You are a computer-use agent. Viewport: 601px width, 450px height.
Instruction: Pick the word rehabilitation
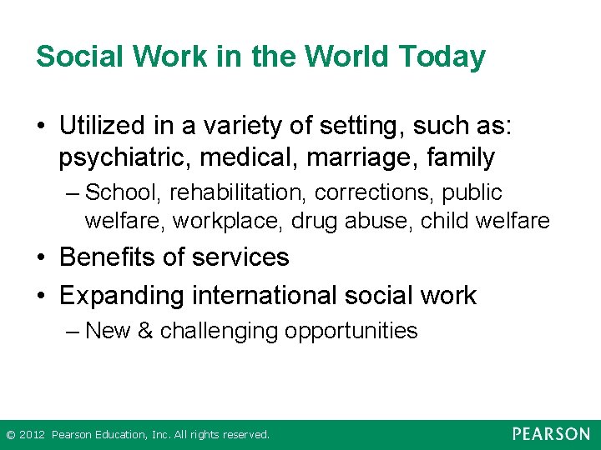point(239,192)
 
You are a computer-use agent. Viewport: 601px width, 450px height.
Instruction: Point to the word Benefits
point(108,257)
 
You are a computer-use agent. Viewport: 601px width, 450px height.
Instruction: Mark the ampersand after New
point(145,331)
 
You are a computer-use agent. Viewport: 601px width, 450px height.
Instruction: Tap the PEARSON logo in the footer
point(551,434)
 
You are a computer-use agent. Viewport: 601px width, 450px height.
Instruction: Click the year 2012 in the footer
point(32,435)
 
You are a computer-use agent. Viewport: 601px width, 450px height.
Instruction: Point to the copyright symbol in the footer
point(10,435)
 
